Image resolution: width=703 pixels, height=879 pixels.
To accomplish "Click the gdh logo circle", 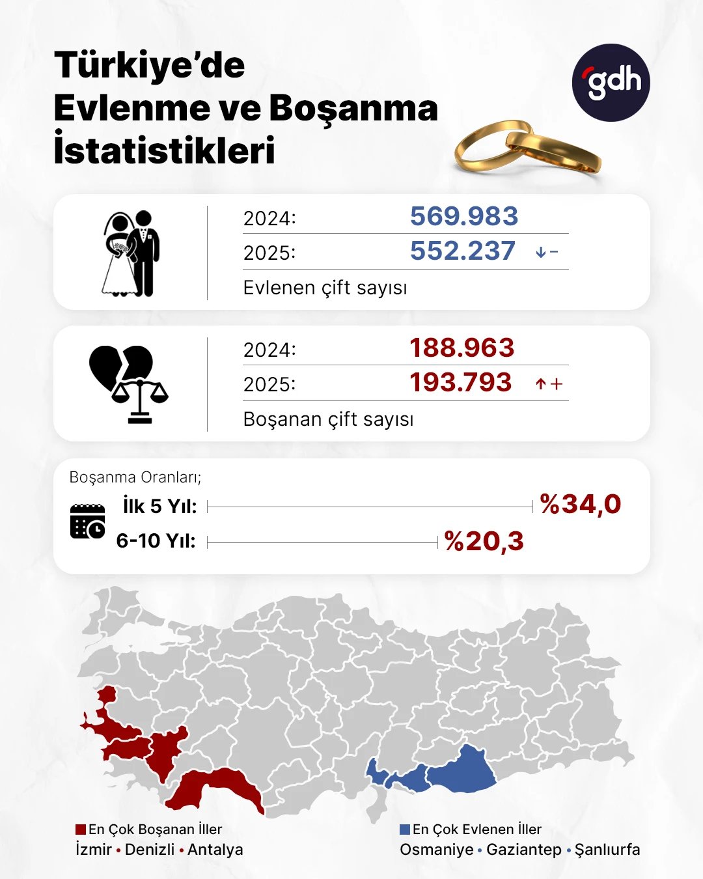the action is pos(611,83).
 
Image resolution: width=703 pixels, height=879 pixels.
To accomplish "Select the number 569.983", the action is pos(463,216).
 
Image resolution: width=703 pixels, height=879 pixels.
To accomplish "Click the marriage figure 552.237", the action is pos(462,251).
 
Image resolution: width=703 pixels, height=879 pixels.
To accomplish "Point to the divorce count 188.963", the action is pos(462,348).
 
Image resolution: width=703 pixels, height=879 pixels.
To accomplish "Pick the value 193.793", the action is pos(460,383).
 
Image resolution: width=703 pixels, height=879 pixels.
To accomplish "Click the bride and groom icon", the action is pos(131,254).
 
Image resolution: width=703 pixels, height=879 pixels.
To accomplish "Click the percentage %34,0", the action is pos(581,505).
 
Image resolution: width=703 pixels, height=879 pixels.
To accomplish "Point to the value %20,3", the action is pos(484,542).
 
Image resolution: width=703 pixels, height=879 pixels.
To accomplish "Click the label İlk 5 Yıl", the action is pos(159,506).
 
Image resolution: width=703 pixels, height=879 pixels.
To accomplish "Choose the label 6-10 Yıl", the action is pos(156,541).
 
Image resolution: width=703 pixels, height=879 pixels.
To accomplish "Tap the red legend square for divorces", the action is pos(81,830).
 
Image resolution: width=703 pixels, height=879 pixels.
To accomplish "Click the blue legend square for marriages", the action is pos(405,830).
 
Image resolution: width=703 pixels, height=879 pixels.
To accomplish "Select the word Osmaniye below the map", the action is pos(436,850).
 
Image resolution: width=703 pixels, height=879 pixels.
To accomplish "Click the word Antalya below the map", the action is pos(215,850).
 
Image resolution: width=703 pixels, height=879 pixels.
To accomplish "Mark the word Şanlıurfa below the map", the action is pos(607,850).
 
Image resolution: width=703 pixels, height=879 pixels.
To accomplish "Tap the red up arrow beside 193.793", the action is pos(540,384).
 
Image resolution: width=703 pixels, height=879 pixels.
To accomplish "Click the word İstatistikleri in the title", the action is pos(164,150).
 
